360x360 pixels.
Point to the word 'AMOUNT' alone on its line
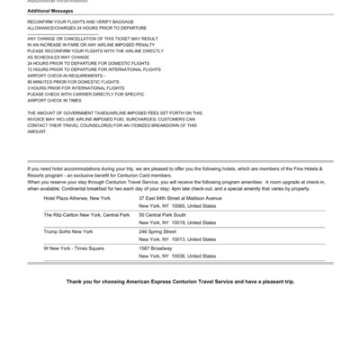37,130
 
